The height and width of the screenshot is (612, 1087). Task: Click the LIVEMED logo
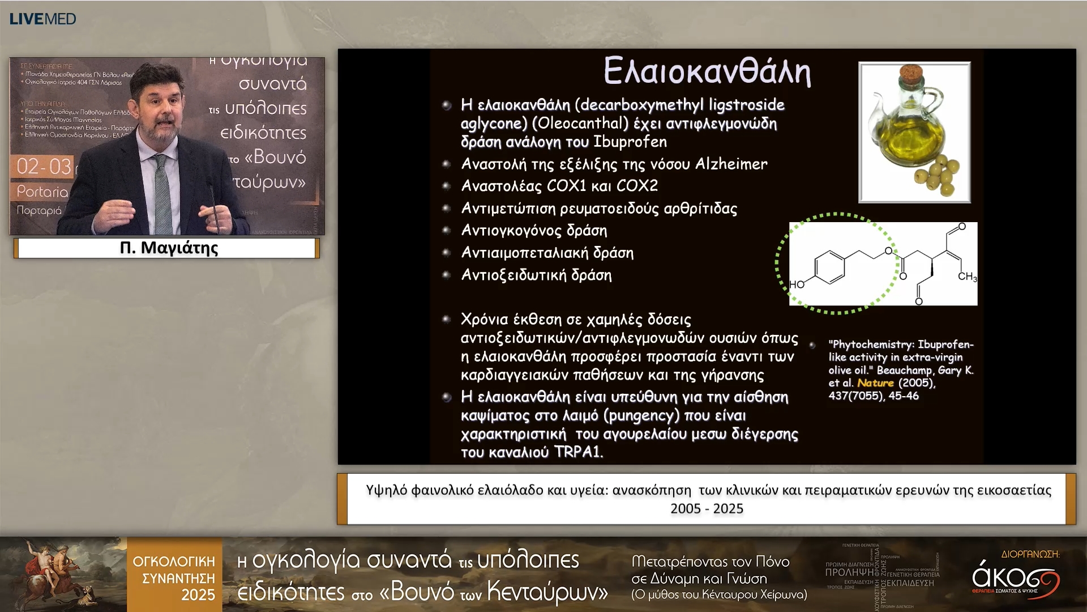[42, 19]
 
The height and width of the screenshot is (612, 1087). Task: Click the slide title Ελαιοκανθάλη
[707, 71]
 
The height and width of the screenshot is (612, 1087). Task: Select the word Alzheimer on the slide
[731, 164]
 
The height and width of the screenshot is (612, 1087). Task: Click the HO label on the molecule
[797, 284]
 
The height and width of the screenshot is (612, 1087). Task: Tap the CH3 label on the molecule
[967, 277]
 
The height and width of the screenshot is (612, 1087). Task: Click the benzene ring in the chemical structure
[829, 265]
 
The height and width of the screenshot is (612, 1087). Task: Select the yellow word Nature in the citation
[875, 383]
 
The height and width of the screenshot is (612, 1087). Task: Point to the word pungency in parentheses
[641, 416]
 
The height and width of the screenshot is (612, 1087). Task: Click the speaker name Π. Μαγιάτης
[169, 248]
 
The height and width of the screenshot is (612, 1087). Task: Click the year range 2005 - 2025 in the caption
[707, 509]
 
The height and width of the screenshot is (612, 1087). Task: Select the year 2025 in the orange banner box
[198, 595]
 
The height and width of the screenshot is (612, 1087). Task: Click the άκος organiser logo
[1015, 578]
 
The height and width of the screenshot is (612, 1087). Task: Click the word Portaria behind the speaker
[42, 192]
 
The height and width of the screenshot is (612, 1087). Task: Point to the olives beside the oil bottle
[937, 175]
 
